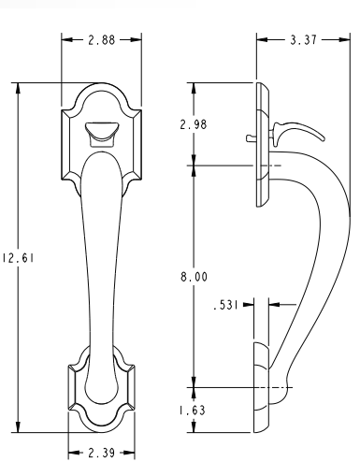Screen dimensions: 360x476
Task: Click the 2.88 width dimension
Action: (102, 40)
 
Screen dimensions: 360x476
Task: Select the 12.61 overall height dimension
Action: (18, 258)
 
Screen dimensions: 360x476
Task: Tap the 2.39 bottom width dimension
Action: (101, 453)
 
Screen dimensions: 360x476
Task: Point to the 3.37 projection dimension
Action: (303, 40)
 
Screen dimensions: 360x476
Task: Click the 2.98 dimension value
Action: (194, 124)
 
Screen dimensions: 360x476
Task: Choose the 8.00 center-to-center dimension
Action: (194, 277)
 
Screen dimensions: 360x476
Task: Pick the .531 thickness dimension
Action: (225, 305)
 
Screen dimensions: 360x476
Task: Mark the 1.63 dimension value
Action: (193, 411)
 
